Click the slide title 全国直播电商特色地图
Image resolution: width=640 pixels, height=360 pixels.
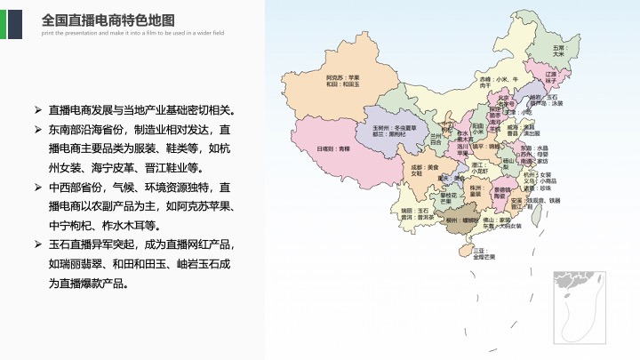click(108, 20)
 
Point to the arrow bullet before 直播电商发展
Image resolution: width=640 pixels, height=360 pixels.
click(38, 111)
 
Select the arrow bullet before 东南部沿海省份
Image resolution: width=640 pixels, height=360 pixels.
click(38, 131)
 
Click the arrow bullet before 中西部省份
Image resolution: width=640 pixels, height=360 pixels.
click(38, 188)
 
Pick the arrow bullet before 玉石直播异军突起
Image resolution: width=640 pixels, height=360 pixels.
click(38, 244)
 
